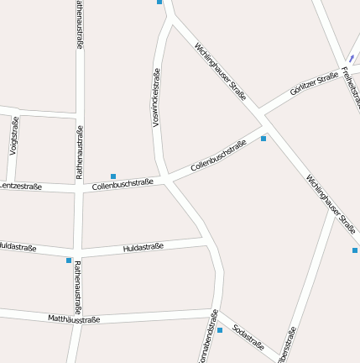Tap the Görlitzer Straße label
[x=314, y=84]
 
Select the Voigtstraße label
[x=13, y=138]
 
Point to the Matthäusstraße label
[x=74, y=318]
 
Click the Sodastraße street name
[x=248, y=336]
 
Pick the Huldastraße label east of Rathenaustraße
[x=143, y=247]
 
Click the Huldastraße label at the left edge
[x=17, y=247]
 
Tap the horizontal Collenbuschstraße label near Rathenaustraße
[x=123, y=184]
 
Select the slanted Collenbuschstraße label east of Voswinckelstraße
[x=219, y=156]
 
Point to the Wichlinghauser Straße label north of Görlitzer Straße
[x=221, y=71]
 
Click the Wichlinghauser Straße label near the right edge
[x=331, y=204]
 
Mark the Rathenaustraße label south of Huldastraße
[x=78, y=287]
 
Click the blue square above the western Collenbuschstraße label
[x=113, y=176]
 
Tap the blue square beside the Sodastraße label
[x=220, y=330]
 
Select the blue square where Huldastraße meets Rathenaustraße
[x=69, y=260]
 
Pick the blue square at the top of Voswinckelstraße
[x=159, y=2]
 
